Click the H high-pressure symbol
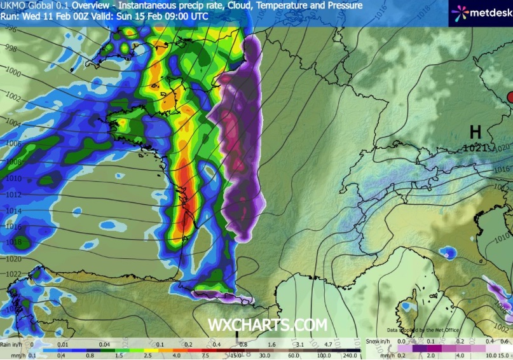[475, 132]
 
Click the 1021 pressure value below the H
[474, 148]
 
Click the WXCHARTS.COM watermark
[268, 324]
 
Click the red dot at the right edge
[510, 96]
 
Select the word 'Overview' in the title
[93, 5]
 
